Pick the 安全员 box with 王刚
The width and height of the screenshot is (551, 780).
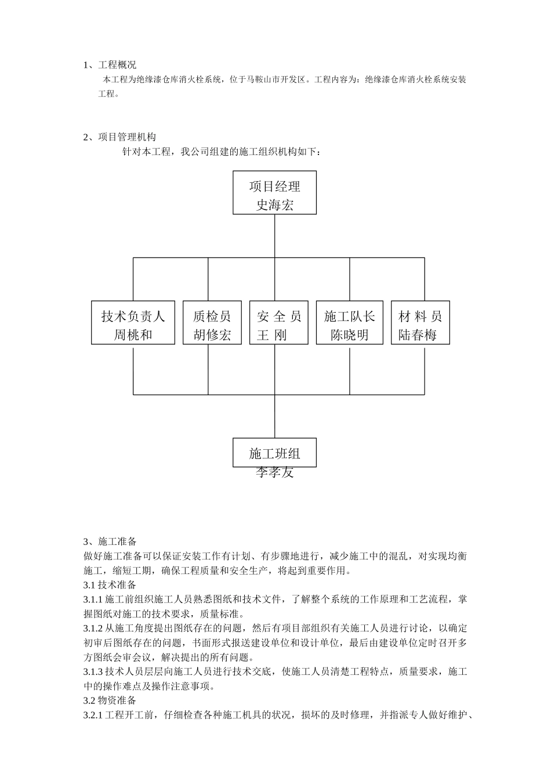point(278,323)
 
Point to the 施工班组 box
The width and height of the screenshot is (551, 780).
point(274,453)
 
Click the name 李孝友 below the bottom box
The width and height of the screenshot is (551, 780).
point(274,472)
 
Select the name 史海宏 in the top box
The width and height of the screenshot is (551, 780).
point(274,205)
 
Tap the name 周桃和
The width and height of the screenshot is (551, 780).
point(133,335)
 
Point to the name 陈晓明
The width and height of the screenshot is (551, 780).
point(349,335)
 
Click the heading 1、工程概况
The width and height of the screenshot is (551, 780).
point(110,65)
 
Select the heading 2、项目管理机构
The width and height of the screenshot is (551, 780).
point(119,137)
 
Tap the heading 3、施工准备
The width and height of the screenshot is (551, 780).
point(110,541)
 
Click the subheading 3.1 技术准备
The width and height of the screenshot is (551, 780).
point(110,584)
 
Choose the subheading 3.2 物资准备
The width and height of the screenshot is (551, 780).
point(110,700)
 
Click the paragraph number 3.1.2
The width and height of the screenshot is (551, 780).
point(93,628)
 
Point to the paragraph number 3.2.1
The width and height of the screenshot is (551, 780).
point(93,714)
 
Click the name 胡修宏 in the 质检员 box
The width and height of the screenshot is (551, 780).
point(212,335)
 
